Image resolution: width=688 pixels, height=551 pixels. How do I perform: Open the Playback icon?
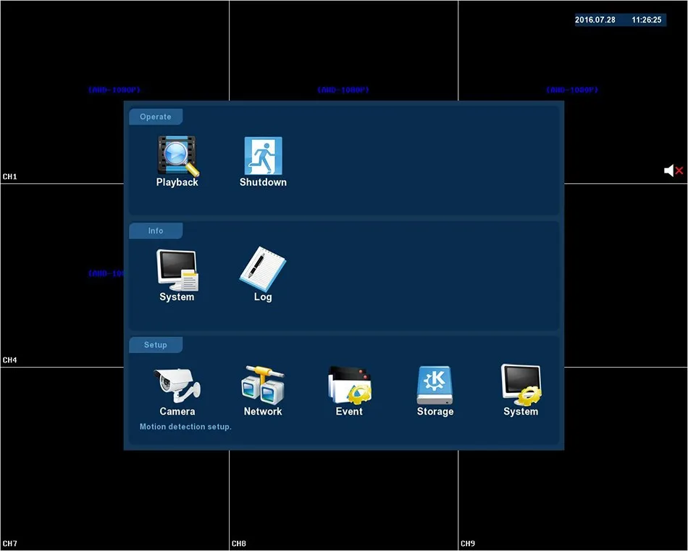(x=177, y=156)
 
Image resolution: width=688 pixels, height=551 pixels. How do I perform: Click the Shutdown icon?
(x=263, y=156)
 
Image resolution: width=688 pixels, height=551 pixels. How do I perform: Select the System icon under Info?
(x=177, y=270)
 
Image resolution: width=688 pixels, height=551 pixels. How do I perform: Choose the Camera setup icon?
(x=177, y=384)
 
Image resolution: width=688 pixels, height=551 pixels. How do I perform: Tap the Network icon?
(x=263, y=384)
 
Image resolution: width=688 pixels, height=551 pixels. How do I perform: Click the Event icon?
(x=349, y=384)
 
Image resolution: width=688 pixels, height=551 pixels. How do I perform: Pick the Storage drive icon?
(x=435, y=384)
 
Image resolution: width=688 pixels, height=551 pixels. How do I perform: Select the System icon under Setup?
(x=521, y=384)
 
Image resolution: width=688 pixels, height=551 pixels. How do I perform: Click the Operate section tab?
(x=156, y=117)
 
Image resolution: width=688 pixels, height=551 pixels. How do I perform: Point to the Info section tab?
(x=156, y=231)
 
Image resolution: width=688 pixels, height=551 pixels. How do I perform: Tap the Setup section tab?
(x=156, y=345)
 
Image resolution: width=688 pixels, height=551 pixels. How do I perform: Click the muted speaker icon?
(x=674, y=170)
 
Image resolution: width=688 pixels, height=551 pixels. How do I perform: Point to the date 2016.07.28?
(x=595, y=20)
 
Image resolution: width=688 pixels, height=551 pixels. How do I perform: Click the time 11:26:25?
(x=647, y=20)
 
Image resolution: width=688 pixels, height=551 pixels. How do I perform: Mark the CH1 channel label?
(x=10, y=177)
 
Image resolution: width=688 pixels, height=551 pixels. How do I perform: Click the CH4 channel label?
(x=10, y=360)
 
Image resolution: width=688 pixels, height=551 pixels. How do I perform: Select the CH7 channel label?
(x=10, y=544)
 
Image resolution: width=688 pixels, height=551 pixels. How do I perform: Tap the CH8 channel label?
(x=239, y=544)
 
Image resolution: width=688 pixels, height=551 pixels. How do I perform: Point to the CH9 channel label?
(x=468, y=544)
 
